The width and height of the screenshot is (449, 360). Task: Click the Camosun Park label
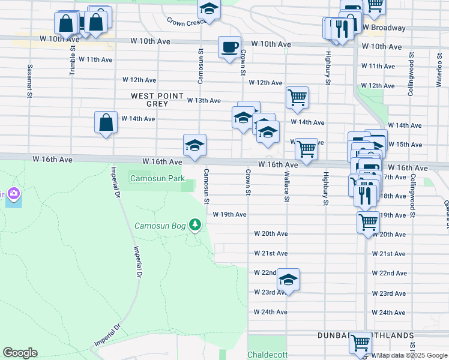158,178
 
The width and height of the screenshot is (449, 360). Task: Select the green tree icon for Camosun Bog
194,225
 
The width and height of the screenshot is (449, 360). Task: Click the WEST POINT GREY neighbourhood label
149,100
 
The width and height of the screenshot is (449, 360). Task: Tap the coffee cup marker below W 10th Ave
229,47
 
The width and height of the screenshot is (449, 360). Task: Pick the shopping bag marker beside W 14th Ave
106,123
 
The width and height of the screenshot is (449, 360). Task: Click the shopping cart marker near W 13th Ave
297,98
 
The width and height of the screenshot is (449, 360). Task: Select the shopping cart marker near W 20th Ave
368,222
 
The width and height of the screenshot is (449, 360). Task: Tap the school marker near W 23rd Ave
288,280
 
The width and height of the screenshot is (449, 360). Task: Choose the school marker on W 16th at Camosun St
194,146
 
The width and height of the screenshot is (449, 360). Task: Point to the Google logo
20,353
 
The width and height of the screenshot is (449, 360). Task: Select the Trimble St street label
72,61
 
